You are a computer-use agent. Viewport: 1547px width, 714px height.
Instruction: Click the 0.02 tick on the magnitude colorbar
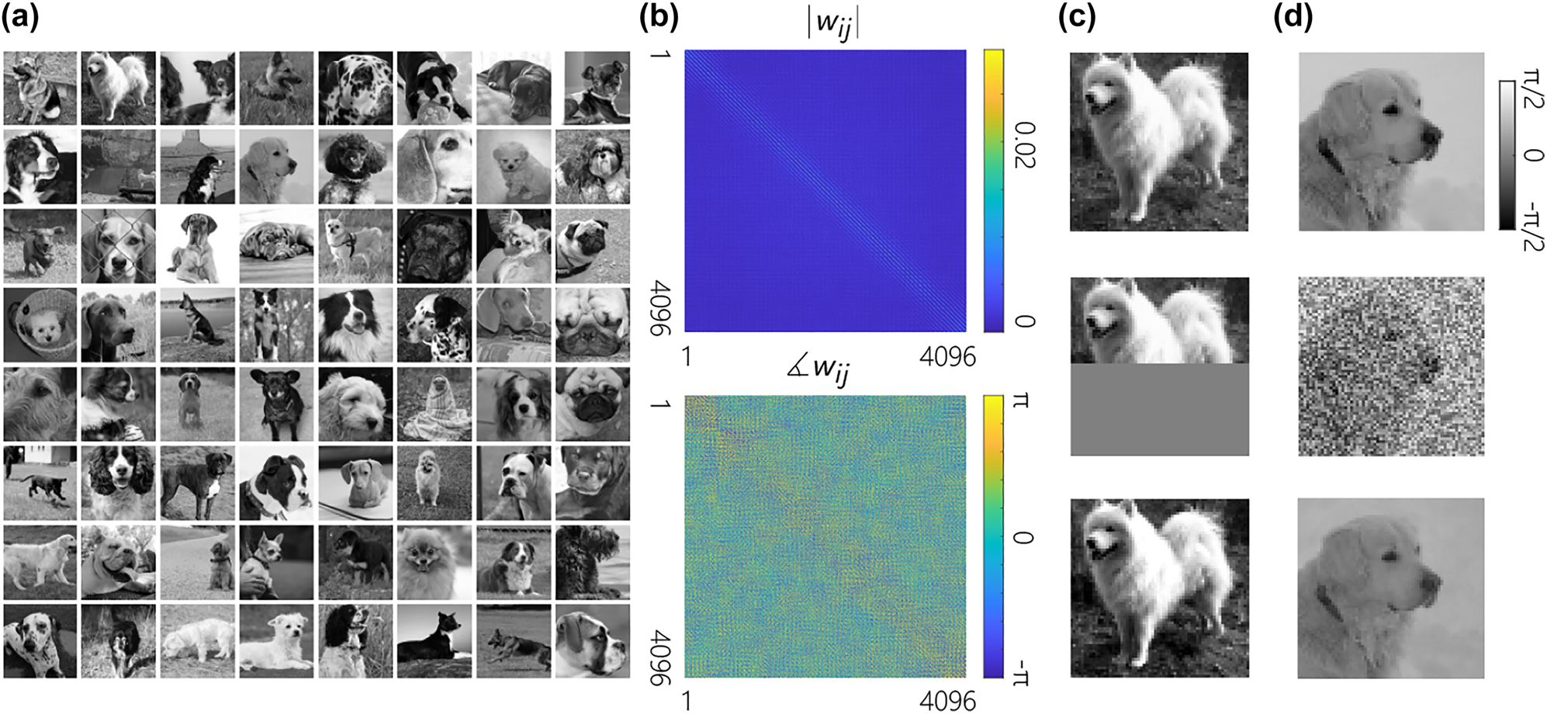click(x=1024, y=145)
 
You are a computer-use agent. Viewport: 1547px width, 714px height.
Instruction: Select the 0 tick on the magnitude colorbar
click(x=1024, y=321)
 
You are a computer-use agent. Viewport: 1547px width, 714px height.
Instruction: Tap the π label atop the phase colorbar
click(x=1022, y=402)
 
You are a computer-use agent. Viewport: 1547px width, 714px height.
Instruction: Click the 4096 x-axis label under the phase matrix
click(x=947, y=701)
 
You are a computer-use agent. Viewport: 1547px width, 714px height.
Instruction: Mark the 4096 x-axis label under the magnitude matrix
click(x=947, y=357)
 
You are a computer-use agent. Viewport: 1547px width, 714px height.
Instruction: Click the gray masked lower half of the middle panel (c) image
click(x=1159, y=409)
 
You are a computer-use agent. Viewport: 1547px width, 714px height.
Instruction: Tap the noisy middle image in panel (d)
click(x=1391, y=366)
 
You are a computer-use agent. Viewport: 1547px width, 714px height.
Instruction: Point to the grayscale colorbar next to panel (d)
click(x=1507, y=154)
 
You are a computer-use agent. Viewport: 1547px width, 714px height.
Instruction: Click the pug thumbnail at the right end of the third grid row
click(x=592, y=245)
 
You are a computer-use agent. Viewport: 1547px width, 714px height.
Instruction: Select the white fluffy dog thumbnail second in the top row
click(x=118, y=88)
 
